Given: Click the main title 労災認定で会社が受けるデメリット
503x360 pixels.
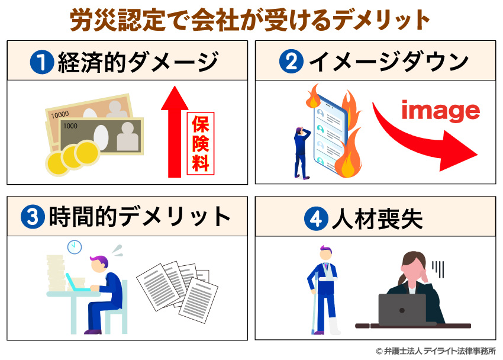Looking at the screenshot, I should [251, 20].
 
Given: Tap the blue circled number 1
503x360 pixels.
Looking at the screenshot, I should [42, 61].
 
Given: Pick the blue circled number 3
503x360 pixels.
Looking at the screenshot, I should [31, 217].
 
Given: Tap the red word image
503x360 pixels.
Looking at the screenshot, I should [440, 110].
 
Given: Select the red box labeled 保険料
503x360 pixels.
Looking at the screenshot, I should [201, 143].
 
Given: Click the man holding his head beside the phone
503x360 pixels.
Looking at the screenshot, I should [302, 151].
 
